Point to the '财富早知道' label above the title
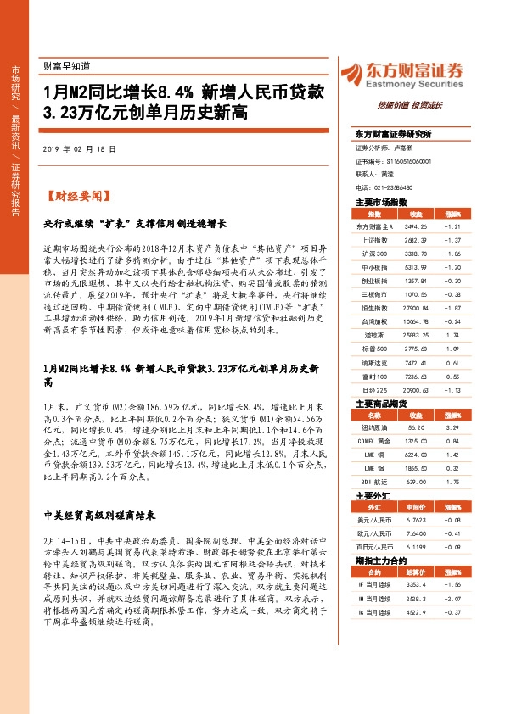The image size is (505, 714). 65,64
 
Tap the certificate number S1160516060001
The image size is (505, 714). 405,160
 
